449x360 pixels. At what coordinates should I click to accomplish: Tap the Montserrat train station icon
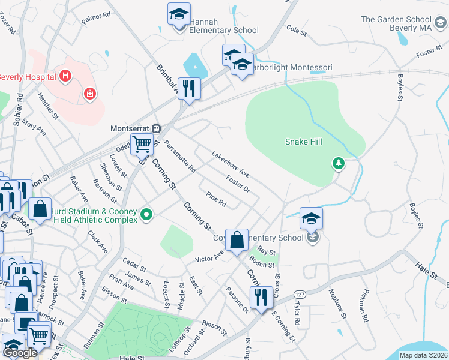click(x=156, y=128)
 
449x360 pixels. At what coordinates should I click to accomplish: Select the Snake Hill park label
click(x=304, y=142)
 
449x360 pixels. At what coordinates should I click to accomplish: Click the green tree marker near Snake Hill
click(x=339, y=163)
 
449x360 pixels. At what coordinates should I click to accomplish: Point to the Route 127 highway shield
click(x=299, y=294)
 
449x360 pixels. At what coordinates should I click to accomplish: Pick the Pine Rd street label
click(x=215, y=199)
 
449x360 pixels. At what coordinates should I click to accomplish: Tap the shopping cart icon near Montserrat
click(x=142, y=144)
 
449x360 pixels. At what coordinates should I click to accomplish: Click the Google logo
click(x=20, y=353)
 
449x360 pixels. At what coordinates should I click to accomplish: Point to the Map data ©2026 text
click(x=423, y=355)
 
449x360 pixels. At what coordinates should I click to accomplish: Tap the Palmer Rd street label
click(x=97, y=18)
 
